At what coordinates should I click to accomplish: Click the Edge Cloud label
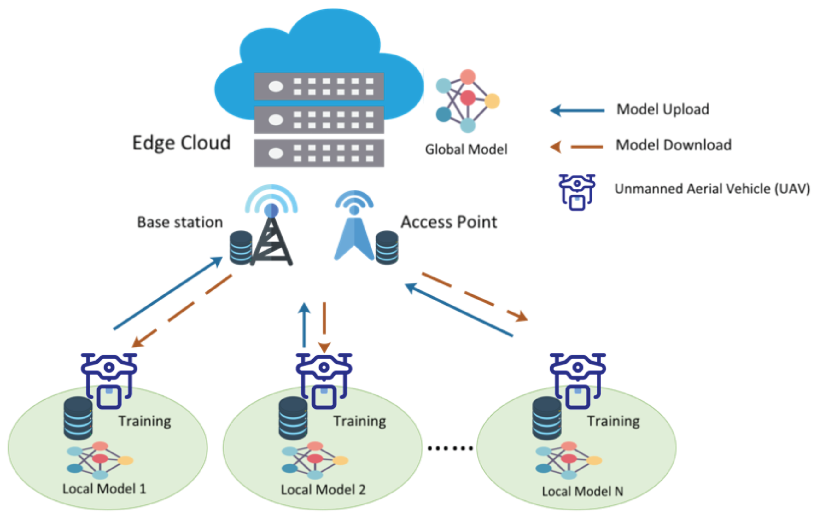point(181,143)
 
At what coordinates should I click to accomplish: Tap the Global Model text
point(466,149)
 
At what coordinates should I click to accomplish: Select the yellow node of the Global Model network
point(492,101)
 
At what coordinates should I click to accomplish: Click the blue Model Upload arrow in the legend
point(577,111)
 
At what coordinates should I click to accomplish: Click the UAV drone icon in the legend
point(577,192)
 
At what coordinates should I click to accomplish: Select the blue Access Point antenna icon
point(354,234)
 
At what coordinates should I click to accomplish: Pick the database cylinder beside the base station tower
point(241,248)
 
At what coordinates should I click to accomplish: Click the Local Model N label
point(582,491)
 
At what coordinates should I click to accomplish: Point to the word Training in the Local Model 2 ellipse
point(360,421)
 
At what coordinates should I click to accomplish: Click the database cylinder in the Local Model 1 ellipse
point(78,418)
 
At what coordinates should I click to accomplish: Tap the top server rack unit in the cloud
point(319,86)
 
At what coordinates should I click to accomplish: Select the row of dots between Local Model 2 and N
point(450,448)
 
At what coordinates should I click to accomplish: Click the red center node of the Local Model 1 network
point(100,459)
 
